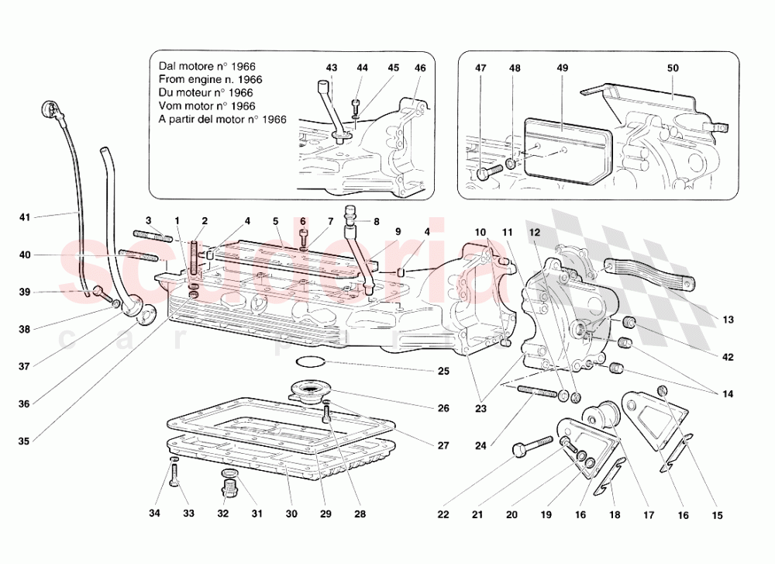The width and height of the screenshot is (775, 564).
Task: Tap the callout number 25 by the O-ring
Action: (x=443, y=372)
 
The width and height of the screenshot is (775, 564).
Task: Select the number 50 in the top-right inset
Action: (x=673, y=68)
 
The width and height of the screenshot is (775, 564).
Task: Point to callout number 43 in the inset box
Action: (x=332, y=68)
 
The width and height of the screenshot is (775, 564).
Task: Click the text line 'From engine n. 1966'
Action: (x=210, y=79)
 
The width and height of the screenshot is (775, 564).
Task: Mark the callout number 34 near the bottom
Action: (x=154, y=514)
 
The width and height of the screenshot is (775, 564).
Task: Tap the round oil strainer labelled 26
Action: (x=310, y=389)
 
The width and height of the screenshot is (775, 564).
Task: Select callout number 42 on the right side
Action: (x=728, y=358)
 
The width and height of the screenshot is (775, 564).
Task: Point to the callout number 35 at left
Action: (x=24, y=442)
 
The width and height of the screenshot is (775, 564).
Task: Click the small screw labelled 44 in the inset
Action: (x=356, y=102)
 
